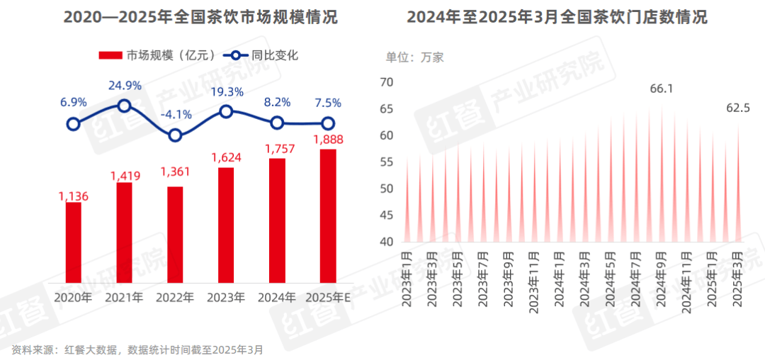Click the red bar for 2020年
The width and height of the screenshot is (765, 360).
tap(73, 243)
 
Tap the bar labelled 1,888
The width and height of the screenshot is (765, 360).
tap(328, 216)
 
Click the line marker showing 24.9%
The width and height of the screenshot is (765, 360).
tap(124, 106)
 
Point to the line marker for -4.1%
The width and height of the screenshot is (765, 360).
tap(175, 135)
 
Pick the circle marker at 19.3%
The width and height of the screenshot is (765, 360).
tap(226, 111)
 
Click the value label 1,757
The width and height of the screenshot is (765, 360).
tap(277, 149)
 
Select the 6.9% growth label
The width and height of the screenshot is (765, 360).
tap(73, 102)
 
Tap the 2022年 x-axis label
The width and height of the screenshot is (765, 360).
tap(175, 298)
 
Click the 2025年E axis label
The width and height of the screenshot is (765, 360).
tap(328, 298)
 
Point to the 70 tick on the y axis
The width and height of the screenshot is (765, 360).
tap(386, 82)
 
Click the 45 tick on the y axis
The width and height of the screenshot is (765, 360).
tap(386, 215)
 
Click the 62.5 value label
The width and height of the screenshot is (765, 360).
tap(738, 108)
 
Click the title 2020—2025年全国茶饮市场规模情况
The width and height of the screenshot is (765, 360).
tap(200, 18)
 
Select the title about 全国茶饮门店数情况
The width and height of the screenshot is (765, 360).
tap(557, 18)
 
